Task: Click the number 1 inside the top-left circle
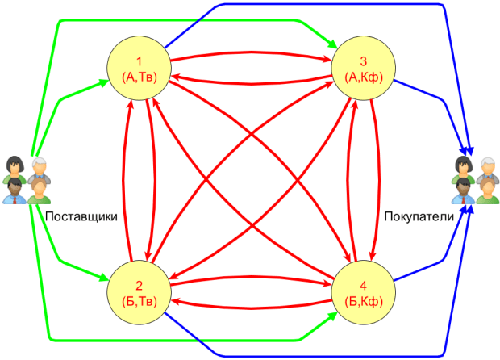139,61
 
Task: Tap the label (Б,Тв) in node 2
139,301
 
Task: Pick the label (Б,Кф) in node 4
364,301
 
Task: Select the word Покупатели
418,216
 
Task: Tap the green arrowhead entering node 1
104,82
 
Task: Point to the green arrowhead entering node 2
104,278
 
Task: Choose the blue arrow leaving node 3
435,96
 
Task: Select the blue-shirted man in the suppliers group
15,191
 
